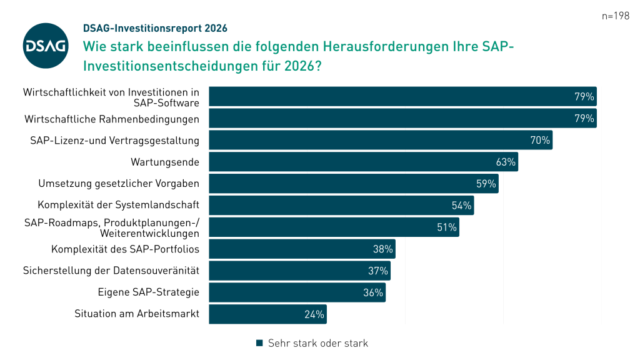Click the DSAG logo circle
[46, 46]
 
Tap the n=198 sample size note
[616, 16]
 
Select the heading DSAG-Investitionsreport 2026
[155, 28]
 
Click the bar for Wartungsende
[363, 162]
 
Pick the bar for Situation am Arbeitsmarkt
[267, 314]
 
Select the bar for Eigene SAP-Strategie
[297, 292]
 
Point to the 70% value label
[540, 141]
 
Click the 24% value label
[314, 314]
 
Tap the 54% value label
[461, 206]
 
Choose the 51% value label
[446, 227]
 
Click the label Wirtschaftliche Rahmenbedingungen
[112, 119]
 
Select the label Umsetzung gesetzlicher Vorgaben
[119, 184]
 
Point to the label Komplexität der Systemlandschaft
[119, 205]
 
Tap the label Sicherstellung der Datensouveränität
[111, 271]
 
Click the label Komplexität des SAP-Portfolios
[125, 249]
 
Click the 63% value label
[506, 162]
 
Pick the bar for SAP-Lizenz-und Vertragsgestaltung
[381, 140]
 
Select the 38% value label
[382, 249]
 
